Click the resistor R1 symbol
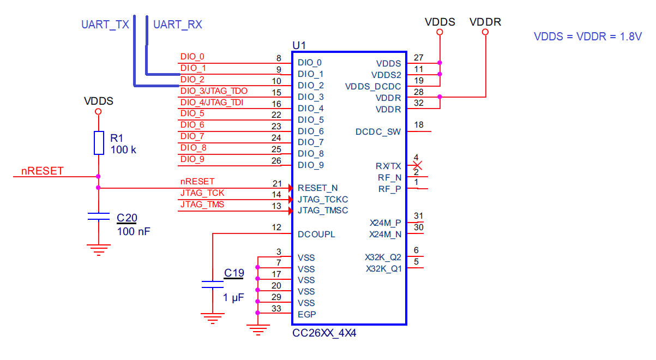pyautogui.click(x=98, y=142)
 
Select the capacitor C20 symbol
pyautogui.click(x=98, y=217)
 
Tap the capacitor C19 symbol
pyautogui.click(x=212, y=284)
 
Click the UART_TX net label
pyautogui.click(x=105, y=25)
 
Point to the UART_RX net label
pyautogui.click(x=178, y=25)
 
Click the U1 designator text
pyautogui.click(x=299, y=45)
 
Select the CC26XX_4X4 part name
pyautogui.click(x=325, y=333)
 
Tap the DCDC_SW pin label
pyautogui.click(x=378, y=131)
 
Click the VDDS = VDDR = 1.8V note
pyautogui.click(x=588, y=37)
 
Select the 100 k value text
pyautogui.click(x=123, y=149)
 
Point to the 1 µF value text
pyautogui.click(x=233, y=298)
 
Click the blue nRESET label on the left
pyautogui.click(x=43, y=171)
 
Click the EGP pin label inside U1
pyautogui.click(x=306, y=314)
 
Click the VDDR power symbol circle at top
pyautogui.click(x=485, y=33)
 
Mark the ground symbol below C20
pyautogui.click(x=98, y=250)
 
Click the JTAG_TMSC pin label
pyautogui.click(x=323, y=211)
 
